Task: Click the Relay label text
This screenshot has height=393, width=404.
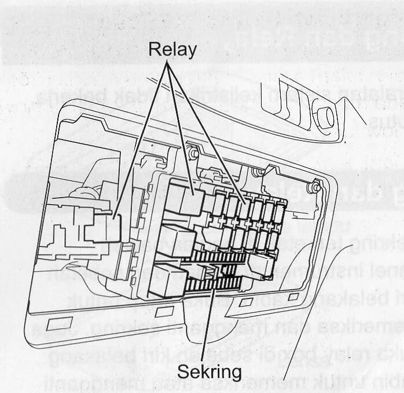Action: pos(172,49)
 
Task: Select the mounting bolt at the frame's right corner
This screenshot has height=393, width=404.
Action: pos(317,186)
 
